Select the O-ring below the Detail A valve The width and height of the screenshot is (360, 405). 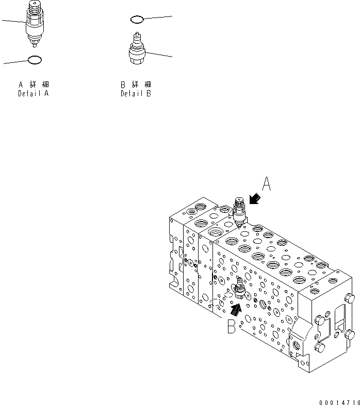pos(34,60)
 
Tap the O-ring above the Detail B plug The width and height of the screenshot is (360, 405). pos(136,20)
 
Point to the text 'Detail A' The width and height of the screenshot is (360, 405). pos(34,94)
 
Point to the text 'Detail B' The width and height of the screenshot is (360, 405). pos(136,94)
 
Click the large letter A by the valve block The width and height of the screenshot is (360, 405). pos(266,184)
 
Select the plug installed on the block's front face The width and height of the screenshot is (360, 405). pos(239,290)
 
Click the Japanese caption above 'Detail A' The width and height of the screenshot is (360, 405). pos(34,85)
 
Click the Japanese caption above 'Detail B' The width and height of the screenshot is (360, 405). pos(136,85)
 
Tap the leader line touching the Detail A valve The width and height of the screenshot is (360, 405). pos(13,21)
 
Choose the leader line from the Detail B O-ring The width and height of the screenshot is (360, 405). pos(157,18)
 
